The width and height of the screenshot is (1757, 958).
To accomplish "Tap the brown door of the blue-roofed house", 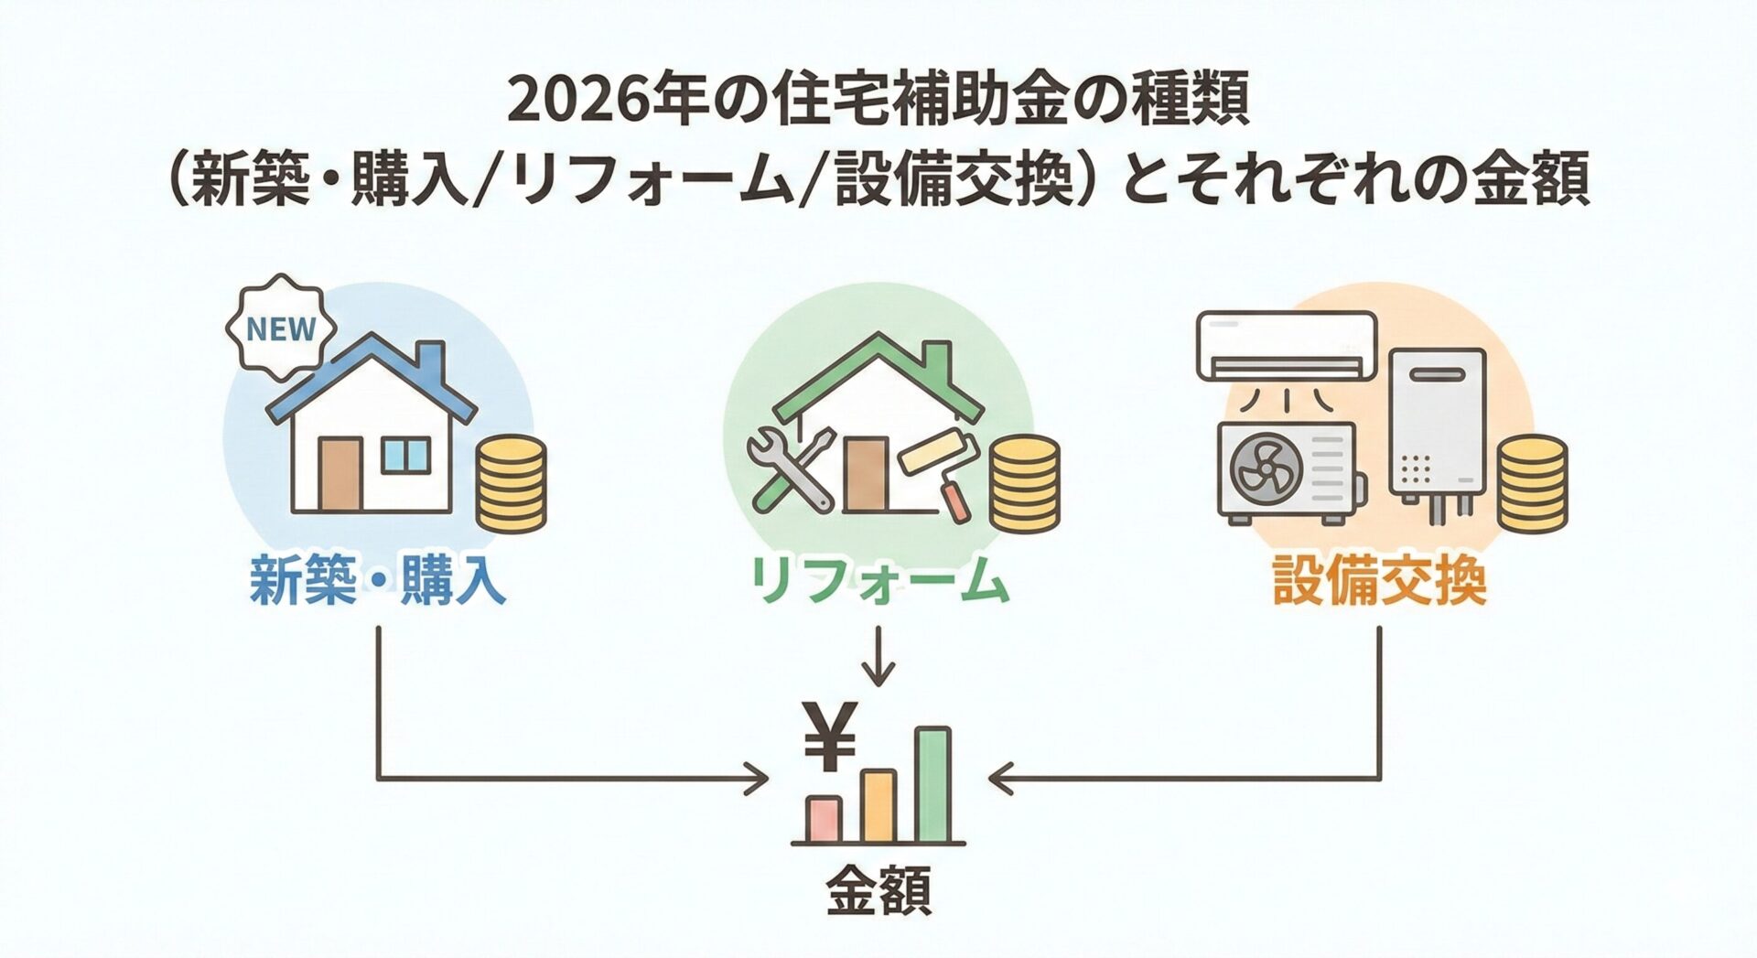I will click(340, 474).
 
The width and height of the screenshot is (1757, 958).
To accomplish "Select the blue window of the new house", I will click(405, 455).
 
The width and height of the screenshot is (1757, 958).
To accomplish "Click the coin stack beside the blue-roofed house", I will click(511, 483).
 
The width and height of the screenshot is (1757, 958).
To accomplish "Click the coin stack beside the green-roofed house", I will click(1025, 483).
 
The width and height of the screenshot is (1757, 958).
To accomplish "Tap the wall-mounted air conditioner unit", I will click(1287, 346).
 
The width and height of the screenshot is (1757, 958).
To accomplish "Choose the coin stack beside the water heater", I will click(1531, 483).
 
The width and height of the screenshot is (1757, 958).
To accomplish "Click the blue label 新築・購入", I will click(377, 581).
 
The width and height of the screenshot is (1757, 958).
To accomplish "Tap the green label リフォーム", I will click(878, 581).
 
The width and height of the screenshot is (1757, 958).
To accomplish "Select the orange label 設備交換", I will click(1379, 581).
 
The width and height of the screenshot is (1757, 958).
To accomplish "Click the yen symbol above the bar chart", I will click(829, 737).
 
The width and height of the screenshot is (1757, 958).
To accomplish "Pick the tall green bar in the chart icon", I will click(932, 784).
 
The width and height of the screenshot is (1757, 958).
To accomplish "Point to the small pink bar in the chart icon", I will click(823, 818).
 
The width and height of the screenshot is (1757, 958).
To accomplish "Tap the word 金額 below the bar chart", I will click(878, 889).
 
